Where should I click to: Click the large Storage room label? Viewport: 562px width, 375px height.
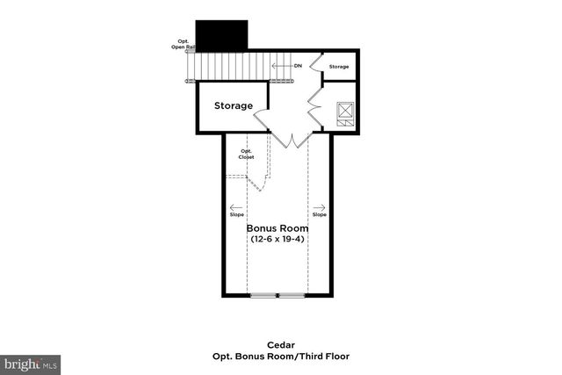(233, 106)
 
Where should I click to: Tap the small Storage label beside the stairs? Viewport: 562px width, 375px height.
(338, 67)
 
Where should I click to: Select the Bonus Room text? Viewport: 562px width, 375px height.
(277, 227)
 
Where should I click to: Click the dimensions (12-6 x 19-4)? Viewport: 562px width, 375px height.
(277, 239)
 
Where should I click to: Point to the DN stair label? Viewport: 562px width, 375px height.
(298, 65)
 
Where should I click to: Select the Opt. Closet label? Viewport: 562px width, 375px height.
(247, 155)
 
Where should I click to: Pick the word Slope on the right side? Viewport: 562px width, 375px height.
(319, 215)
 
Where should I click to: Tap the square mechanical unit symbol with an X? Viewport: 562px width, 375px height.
(344, 113)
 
